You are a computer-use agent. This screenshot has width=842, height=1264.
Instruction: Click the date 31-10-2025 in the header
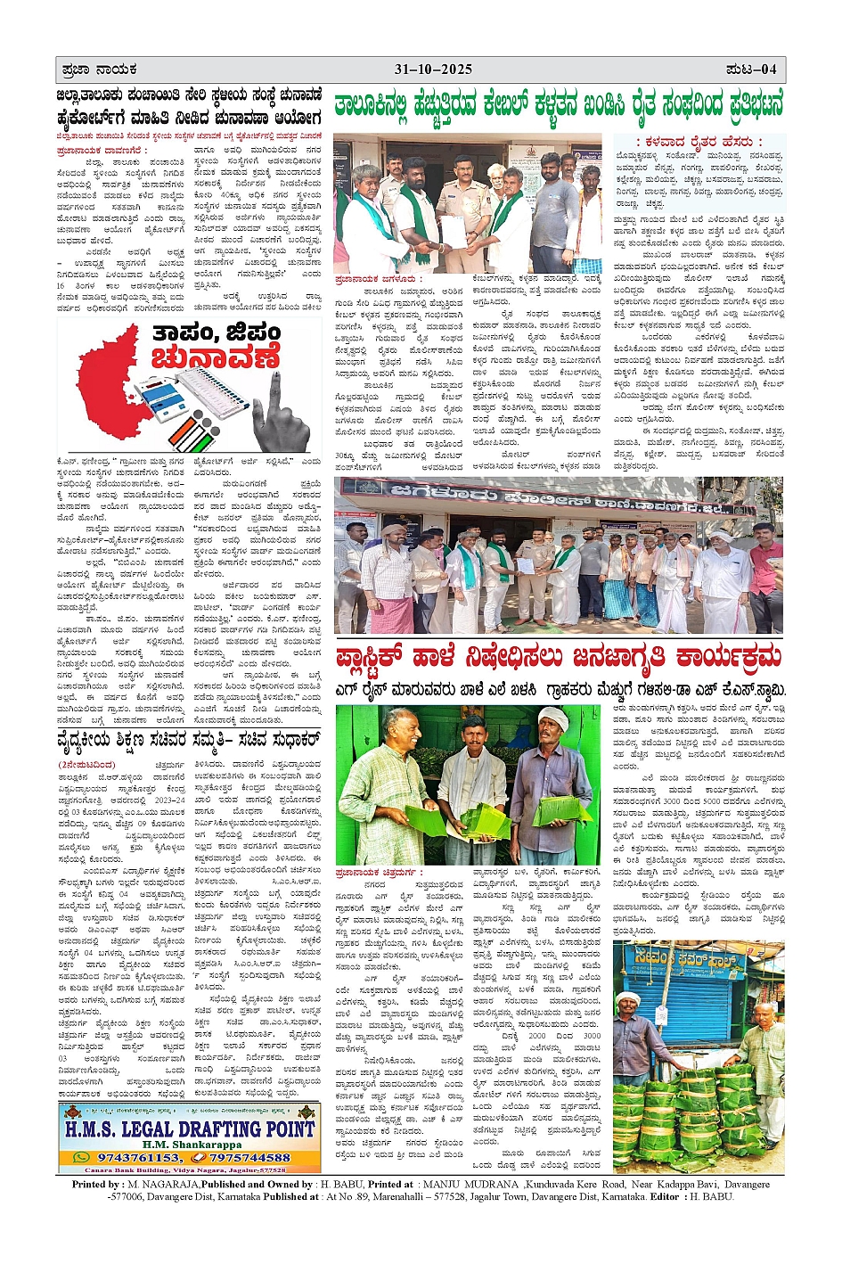tap(433, 70)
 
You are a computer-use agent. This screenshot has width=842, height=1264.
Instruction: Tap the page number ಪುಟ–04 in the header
tap(750, 70)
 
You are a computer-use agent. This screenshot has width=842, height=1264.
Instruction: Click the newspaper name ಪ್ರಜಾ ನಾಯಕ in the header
tap(98, 70)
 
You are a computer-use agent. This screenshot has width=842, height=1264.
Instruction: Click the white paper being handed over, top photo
tap(455, 234)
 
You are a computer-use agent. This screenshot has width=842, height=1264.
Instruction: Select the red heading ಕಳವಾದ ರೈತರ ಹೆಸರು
tap(699, 142)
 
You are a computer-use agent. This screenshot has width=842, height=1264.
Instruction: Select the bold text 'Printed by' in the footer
tap(97, 1184)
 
